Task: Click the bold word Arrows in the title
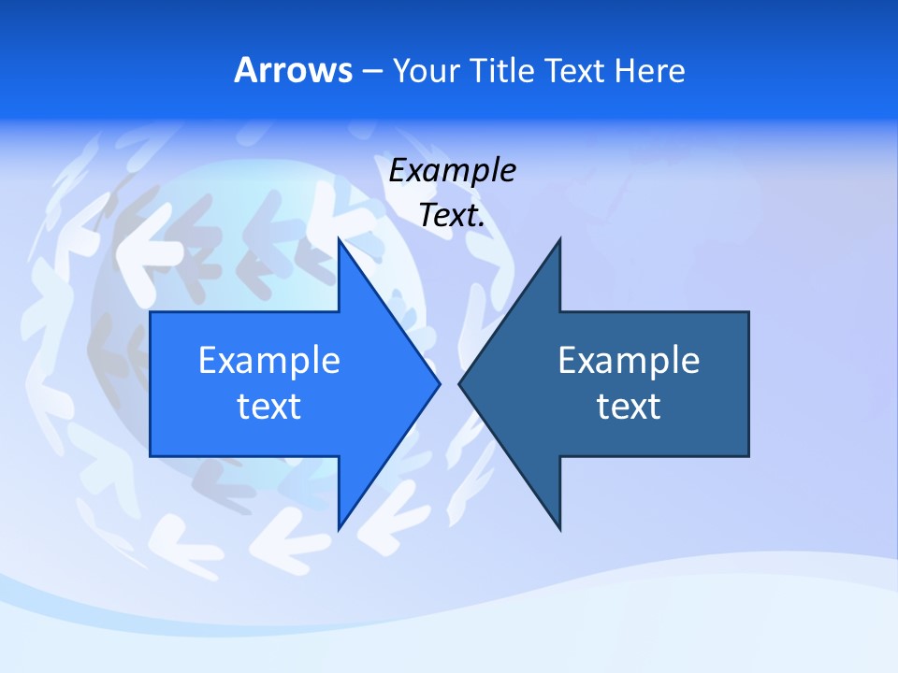coord(294,71)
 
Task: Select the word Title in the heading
coord(501,71)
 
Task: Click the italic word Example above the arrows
coord(452,171)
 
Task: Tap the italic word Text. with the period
coord(452,216)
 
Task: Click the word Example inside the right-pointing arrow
coord(269,361)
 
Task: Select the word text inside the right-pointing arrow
coord(269,407)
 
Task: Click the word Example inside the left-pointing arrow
coord(629,361)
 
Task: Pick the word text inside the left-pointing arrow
coord(629,407)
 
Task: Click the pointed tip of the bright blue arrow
coord(439,383)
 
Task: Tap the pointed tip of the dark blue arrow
coord(459,383)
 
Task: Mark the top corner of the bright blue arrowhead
coord(339,239)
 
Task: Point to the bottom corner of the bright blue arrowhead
coord(339,529)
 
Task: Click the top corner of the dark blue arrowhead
coord(559,239)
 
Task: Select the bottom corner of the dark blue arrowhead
coord(559,529)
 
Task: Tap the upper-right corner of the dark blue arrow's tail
coord(748,312)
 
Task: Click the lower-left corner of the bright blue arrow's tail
coord(151,455)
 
